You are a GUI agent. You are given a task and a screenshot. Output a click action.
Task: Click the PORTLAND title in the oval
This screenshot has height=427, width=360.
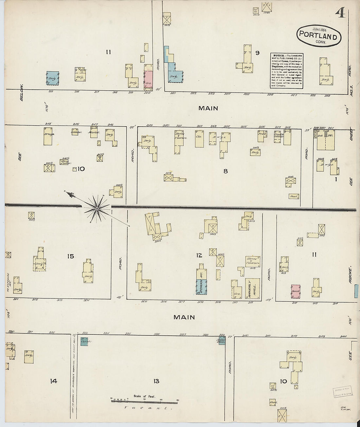coord(318,36)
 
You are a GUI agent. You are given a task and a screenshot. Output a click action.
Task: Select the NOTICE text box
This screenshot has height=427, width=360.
coord(287,71)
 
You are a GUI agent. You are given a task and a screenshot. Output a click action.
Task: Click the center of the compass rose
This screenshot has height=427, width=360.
coord(97,208)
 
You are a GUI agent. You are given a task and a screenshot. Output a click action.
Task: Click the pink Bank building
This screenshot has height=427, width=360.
coord(296,291)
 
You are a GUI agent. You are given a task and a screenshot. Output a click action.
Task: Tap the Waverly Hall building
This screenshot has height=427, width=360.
coord(252,288)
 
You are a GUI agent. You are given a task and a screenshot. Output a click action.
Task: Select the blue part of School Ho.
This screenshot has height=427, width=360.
coord(202,287)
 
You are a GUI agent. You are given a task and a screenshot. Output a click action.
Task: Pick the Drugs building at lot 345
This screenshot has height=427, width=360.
coord(48,136)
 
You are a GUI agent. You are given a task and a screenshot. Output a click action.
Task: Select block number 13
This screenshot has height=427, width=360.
coord(156,381)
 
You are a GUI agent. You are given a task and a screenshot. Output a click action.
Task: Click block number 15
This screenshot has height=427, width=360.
coord(70,256)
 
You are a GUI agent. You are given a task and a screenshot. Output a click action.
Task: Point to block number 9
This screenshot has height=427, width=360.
coord(257,53)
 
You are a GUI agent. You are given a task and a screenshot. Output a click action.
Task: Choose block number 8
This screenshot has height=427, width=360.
coord(225,171)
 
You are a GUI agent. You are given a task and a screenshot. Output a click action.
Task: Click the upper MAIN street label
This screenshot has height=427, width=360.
coord(208,108)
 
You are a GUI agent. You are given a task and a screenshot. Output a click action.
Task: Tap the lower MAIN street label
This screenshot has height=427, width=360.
coord(184,317)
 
